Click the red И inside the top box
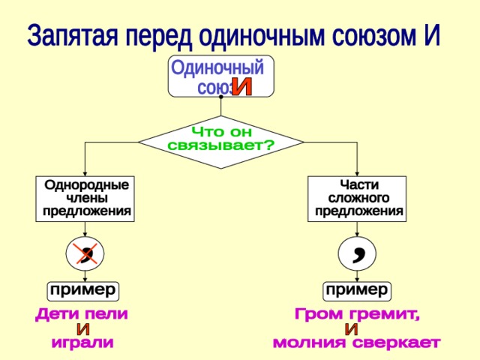(241, 87)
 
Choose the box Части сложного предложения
(358, 197)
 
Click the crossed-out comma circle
(85, 253)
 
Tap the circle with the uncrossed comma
(358, 253)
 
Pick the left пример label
(83, 289)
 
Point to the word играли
(82, 343)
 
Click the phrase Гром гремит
(357, 313)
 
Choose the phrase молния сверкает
(356, 343)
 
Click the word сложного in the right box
(358, 198)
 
